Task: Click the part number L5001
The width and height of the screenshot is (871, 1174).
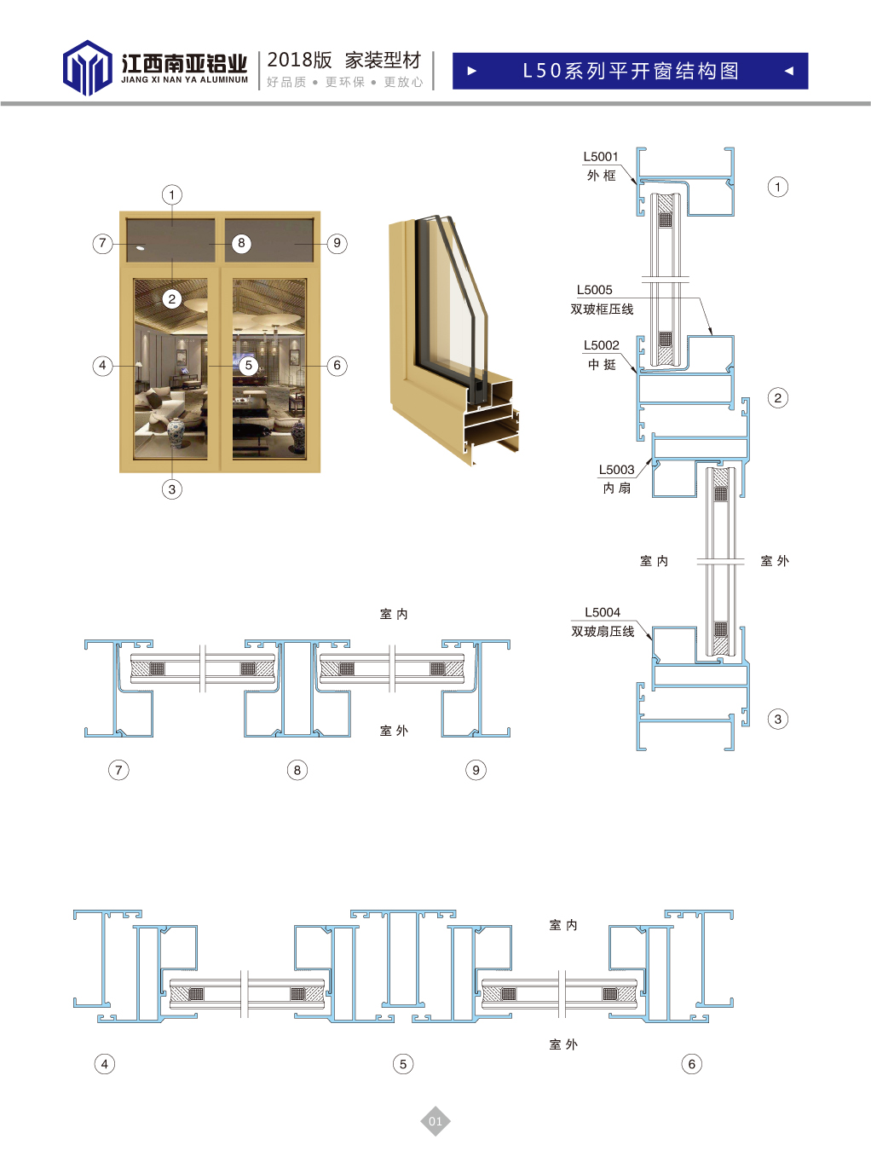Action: (x=601, y=157)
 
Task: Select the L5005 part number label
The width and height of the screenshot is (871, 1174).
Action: (x=594, y=290)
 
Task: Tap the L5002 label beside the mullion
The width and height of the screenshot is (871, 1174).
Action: (x=601, y=345)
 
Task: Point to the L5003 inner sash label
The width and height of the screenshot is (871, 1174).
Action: (x=616, y=470)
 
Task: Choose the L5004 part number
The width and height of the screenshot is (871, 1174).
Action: (x=603, y=612)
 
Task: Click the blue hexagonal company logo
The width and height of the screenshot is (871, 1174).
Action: (x=87, y=67)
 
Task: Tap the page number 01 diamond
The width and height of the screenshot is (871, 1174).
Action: (x=435, y=1121)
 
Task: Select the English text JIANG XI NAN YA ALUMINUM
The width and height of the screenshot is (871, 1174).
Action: (x=184, y=80)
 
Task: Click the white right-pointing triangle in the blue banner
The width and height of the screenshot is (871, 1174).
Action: (x=472, y=71)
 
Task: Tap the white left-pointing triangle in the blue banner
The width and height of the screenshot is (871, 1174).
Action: (x=789, y=71)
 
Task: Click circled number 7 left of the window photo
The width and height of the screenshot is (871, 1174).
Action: (x=102, y=244)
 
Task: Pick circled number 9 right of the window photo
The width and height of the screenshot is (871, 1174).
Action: (x=337, y=244)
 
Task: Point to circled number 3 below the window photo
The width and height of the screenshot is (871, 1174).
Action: (x=172, y=489)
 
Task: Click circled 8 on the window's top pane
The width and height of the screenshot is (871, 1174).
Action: (x=241, y=243)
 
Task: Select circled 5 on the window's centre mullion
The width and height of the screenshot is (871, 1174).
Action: (x=248, y=365)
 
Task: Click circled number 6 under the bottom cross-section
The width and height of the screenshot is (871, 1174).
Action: (x=692, y=1064)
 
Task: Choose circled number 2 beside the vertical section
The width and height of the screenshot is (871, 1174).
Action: (x=778, y=398)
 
